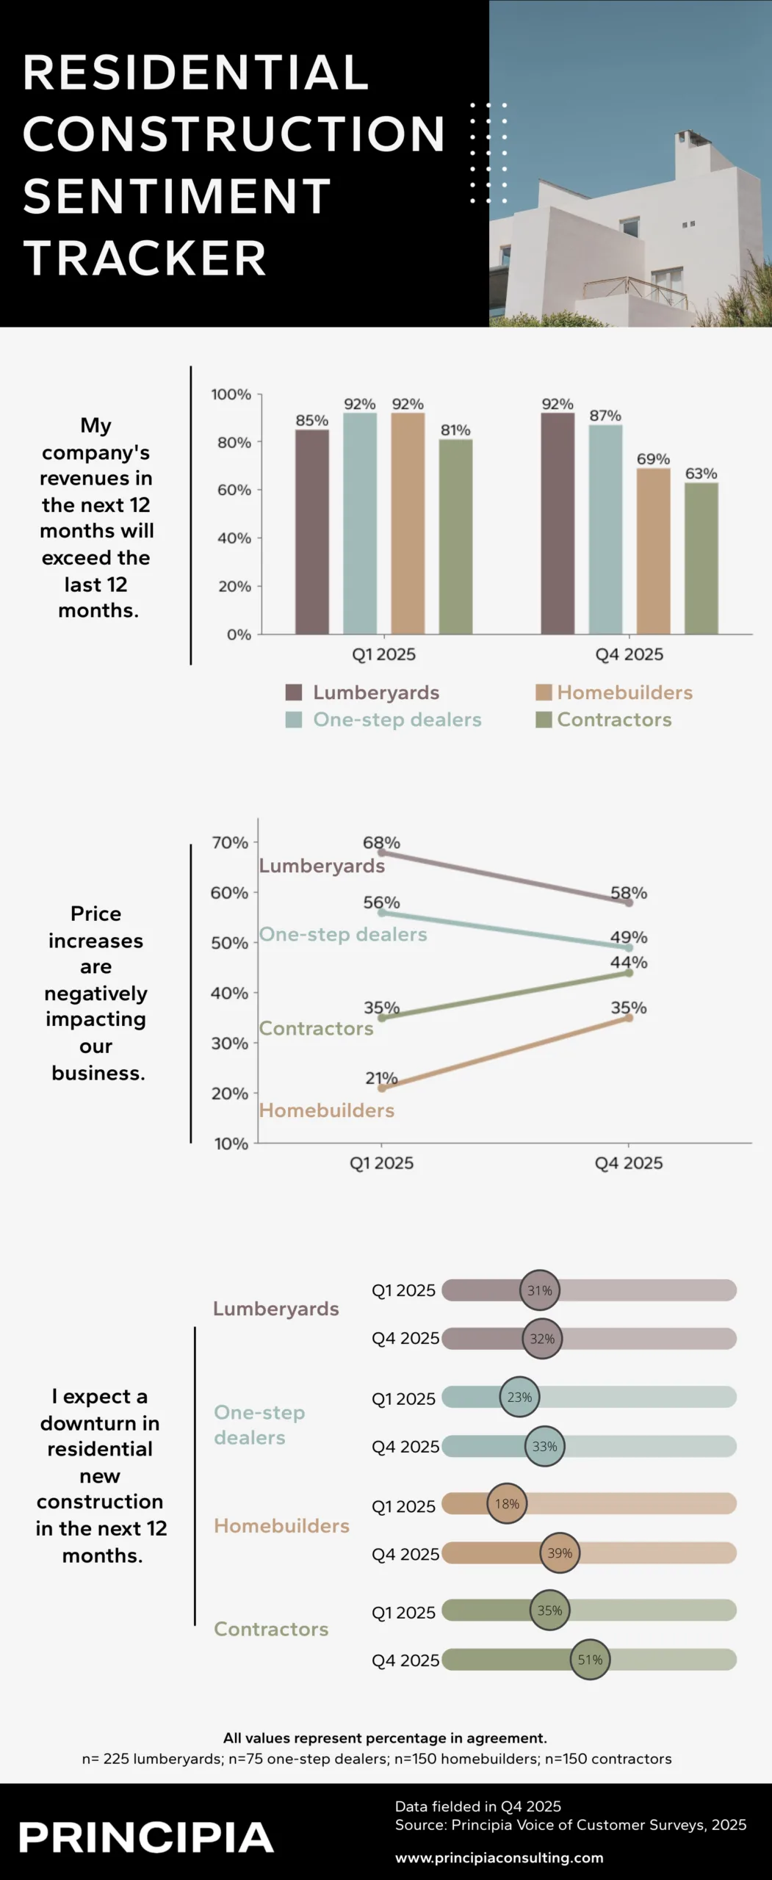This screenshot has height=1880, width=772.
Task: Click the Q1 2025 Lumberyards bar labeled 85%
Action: click(312, 532)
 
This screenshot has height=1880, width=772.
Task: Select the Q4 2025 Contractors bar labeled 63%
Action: click(701, 558)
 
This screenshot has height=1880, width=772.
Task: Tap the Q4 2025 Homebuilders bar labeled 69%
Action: click(653, 551)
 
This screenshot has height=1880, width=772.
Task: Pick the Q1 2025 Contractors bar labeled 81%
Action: click(455, 537)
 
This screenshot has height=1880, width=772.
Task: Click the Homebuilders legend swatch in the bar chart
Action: click(544, 693)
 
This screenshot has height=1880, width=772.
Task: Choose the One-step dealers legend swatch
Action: click(294, 720)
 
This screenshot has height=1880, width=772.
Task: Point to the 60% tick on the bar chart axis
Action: click(234, 490)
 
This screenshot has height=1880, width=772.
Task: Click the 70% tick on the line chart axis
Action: click(230, 843)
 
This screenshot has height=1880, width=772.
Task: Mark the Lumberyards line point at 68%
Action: click(381, 853)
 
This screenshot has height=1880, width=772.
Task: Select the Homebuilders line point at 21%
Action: click(381, 1088)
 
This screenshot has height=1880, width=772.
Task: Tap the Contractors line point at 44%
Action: click(629, 973)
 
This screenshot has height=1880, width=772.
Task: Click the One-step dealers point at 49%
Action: click(629, 948)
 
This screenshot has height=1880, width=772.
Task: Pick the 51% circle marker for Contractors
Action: click(590, 1660)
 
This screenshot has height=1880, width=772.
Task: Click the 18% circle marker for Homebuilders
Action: click(507, 1504)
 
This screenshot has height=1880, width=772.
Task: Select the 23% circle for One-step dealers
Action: click(519, 1397)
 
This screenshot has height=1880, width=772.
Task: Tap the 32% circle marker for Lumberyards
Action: click(542, 1338)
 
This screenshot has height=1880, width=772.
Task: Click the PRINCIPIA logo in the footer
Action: click(146, 1837)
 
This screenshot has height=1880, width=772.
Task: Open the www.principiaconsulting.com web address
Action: click(499, 1857)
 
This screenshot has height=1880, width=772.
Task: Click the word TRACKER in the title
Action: click(145, 258)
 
